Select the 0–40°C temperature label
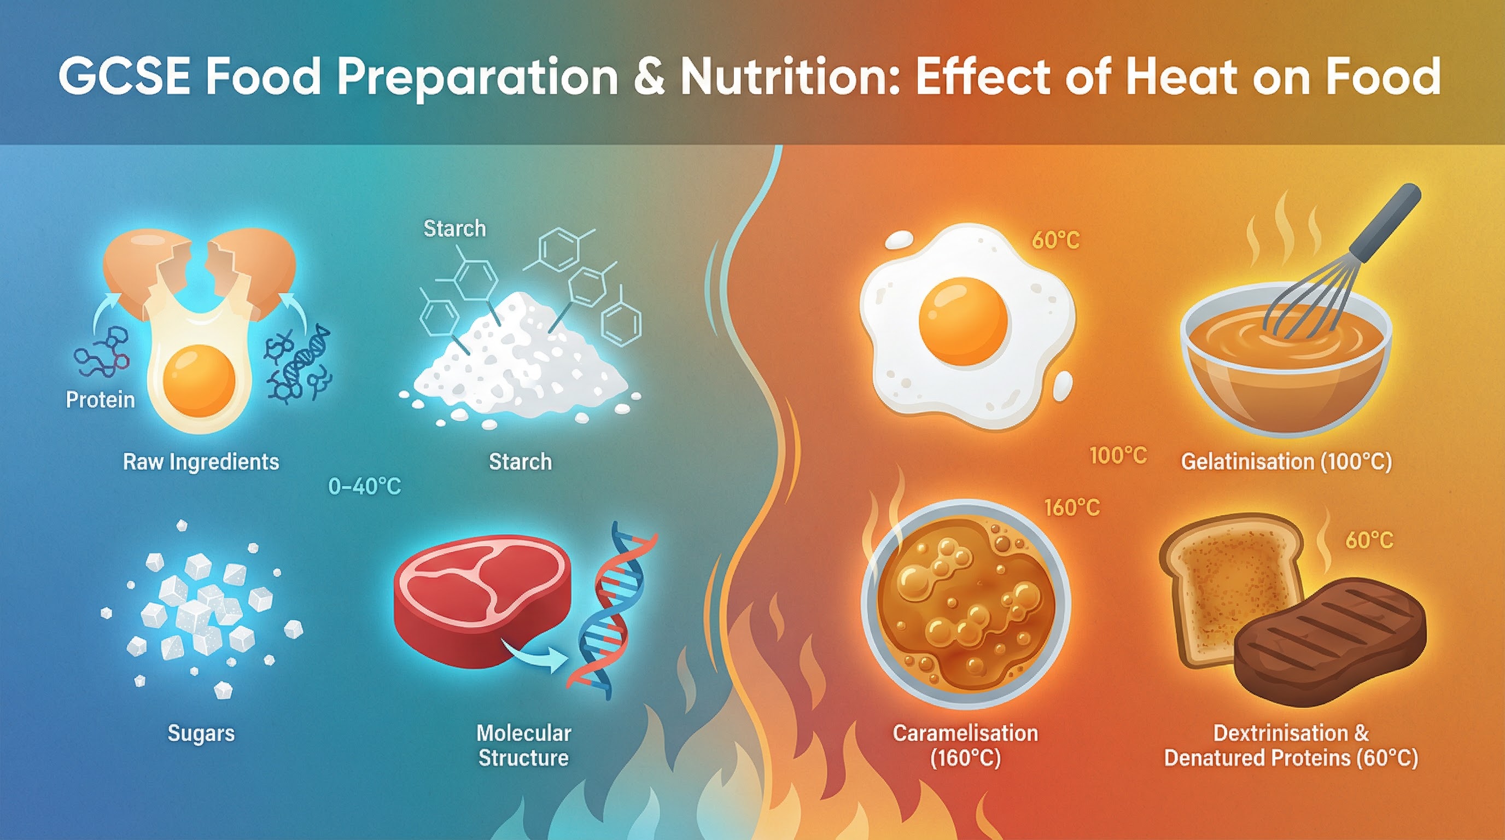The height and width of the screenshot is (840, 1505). tap(365, 487)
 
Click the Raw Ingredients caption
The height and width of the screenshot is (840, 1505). tap(201, 462)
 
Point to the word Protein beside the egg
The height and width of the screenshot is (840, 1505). tap(100, 400)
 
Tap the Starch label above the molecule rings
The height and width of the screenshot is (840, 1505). tap(454, 229)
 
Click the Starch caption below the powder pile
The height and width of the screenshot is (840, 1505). tap(520, 462)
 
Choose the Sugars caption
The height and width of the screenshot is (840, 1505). tap(201, 734)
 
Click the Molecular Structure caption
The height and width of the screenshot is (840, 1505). tap(523, 745)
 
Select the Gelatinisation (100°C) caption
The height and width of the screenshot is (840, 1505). tap(1286, 462)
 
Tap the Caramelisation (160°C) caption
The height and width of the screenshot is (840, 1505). tap(965, 745)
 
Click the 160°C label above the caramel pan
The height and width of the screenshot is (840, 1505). tap(1071, 507)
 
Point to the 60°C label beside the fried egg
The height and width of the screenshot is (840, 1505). tap(1055, 240)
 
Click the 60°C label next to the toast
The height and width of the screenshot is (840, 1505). tap(1369, 540)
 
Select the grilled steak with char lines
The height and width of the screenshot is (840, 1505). tap(1329, 643)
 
